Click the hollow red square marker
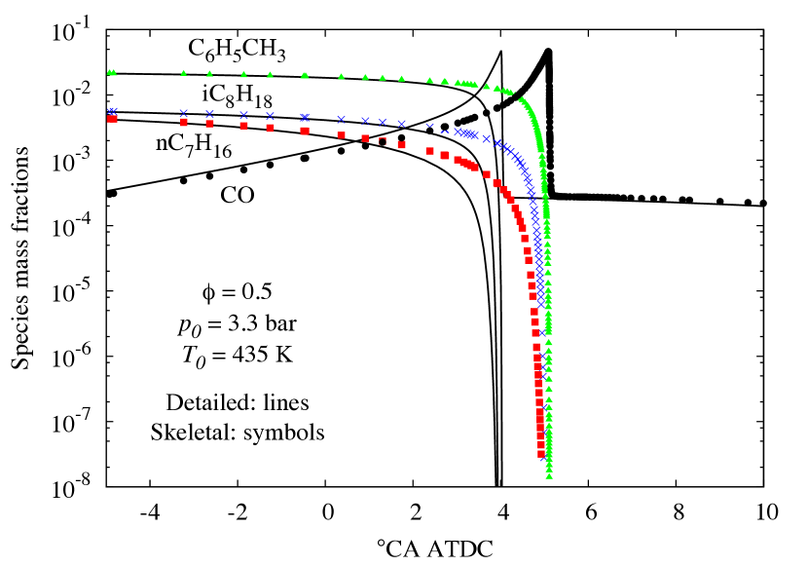point(383,141)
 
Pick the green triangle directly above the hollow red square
point(383,77)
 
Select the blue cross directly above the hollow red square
point(383,122)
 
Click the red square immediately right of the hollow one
point(401,144)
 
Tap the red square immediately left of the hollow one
point(365,138)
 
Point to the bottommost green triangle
point(549,475)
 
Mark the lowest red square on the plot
point(541,453)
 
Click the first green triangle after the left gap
point(183,73)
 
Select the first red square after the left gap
point(184,122)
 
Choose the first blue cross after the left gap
point(184,113)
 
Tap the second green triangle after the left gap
point(209,74)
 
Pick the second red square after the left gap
point(209,124)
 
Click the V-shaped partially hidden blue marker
point(429,126)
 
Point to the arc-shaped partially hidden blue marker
point(445,131)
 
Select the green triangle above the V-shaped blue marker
point(429,80)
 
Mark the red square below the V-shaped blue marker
point(429,151)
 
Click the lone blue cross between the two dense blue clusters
point(486,138)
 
